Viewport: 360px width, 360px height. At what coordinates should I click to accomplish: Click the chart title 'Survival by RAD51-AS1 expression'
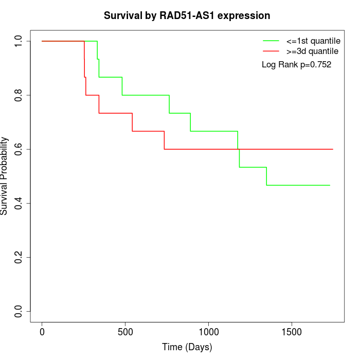click(x=187, y=15)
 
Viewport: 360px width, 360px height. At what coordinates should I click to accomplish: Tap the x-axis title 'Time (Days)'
click(x=187, y=347)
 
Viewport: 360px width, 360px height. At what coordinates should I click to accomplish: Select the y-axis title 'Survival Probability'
click(x=5, y=176)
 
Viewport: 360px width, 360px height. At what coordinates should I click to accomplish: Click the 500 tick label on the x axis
click(x=125, y=332)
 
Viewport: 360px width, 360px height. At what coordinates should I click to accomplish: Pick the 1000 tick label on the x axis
click(x=209, y=332)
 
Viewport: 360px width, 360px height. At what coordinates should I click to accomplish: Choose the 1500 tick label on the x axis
click(x=292, y=332)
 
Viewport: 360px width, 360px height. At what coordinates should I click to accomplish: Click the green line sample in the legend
click(x=271, y=41)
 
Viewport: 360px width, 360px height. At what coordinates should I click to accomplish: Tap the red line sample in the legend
click(x=271, y=51)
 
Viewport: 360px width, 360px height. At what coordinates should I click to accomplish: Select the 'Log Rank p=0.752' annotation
click(x=296, y=65)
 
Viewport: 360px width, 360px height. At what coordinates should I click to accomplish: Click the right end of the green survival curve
click(x=329, y=185)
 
